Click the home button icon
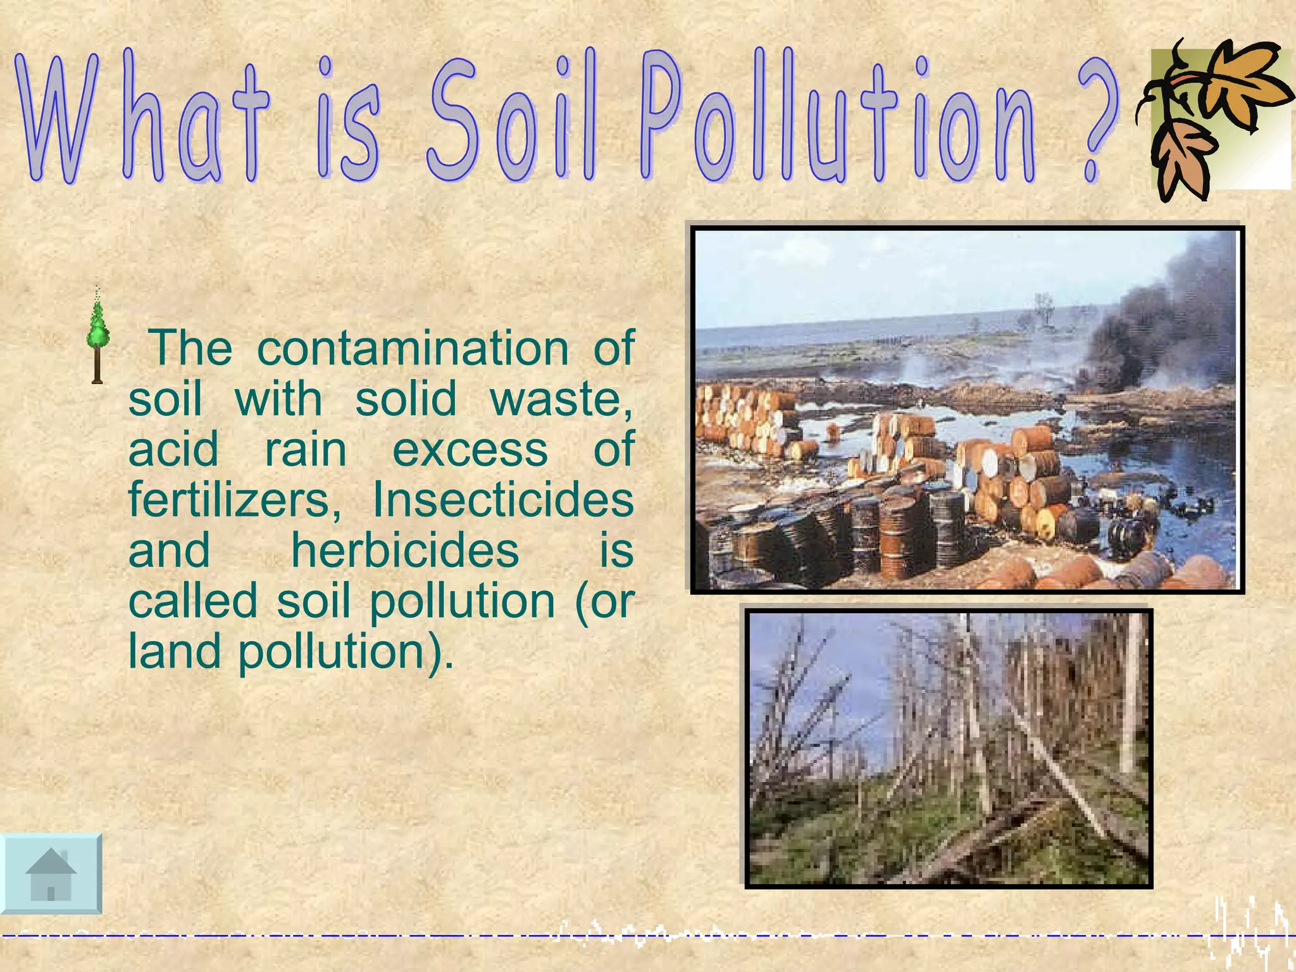click(51, 874)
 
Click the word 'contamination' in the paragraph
click(413, 348)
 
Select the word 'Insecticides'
click(503, 500)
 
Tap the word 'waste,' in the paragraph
click(561, 399)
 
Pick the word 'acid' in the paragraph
click(173, 449)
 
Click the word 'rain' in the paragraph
click(306, 449)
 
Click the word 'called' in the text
click(193, 601)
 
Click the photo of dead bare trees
click(948, 748)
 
